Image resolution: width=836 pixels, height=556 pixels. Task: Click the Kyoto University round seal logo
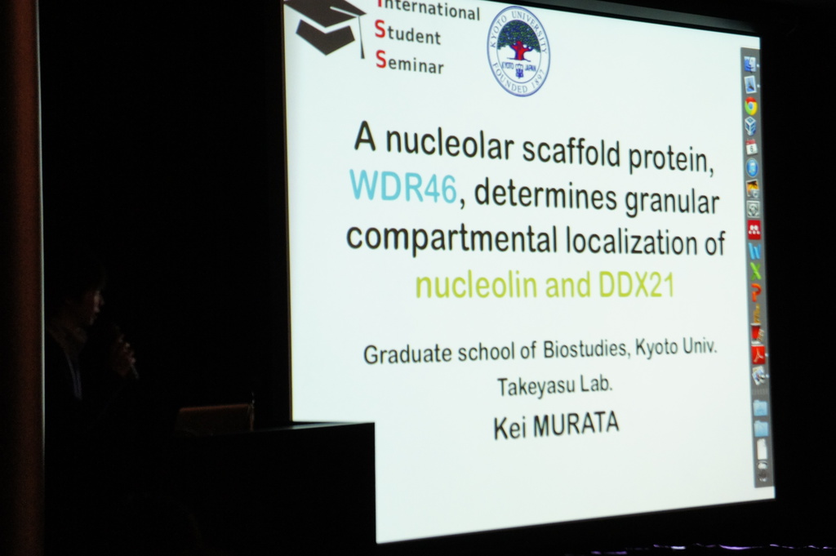[518, 51]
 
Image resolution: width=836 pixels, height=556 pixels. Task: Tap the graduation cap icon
[327, 27]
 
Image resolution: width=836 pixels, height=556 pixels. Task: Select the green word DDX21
[637, 285]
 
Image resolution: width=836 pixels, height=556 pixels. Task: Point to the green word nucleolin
[477, 285]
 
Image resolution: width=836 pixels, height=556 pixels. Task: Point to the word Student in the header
[407, 33]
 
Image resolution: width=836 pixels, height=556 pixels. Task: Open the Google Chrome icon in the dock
[751, 106]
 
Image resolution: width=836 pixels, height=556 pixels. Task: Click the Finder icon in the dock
[750, 64]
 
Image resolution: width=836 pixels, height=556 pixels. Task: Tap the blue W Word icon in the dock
[754, 251]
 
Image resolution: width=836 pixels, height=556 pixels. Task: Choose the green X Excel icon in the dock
[755, 271]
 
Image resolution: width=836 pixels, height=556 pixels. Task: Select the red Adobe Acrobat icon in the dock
[758, 354]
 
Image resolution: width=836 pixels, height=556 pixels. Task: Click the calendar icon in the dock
[752, 147]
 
